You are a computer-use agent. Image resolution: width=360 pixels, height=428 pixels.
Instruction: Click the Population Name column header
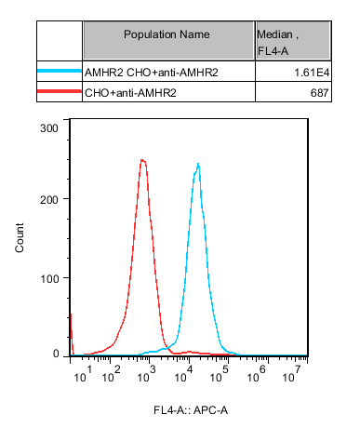pos(167,34)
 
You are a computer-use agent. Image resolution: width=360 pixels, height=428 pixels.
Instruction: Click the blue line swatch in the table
pos(60,70)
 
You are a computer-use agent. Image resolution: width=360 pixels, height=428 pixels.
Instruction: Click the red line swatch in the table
pos(60,92)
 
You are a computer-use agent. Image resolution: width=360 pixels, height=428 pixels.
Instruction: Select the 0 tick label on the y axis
pos(58,354)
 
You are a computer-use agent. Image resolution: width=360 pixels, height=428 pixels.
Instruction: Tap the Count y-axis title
pos(20,239)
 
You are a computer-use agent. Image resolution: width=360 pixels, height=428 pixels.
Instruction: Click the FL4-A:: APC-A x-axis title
pos(192,410)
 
